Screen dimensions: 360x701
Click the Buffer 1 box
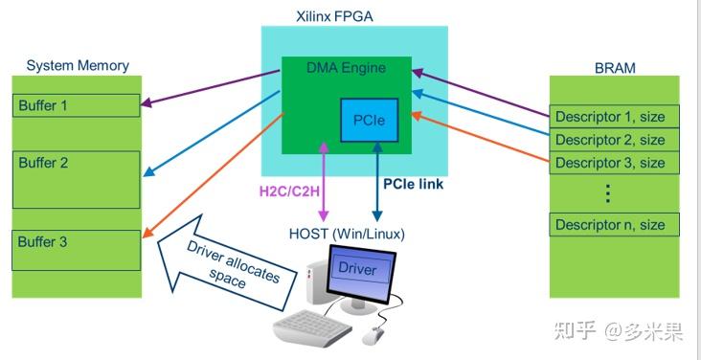click(76, 104)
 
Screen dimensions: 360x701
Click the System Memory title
click(78, 66)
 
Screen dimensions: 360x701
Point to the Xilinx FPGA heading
click(354, 16)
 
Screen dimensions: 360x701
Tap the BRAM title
click(615, 68)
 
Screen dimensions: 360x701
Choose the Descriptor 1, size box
click(615, 117)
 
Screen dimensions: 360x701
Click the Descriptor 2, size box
click(615, 140)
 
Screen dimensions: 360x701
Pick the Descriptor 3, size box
click(615, 163)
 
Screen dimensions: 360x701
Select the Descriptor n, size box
click(615, 226)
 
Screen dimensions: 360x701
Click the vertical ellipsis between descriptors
click(607, 193)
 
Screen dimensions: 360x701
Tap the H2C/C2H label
click(290, 190)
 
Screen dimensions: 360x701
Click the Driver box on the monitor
click(357, 269)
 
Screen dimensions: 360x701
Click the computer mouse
click(373, 334)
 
